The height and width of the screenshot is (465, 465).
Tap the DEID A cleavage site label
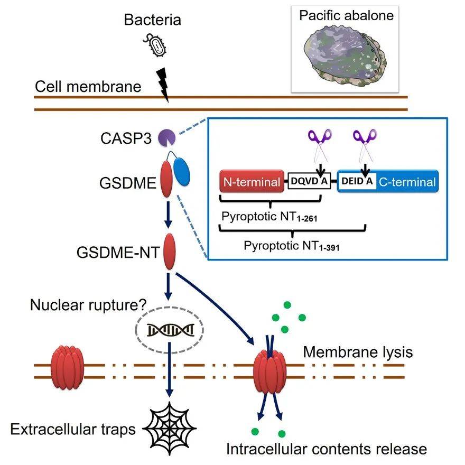[357, 182]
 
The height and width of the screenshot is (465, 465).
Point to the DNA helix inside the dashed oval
[170, 330]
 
